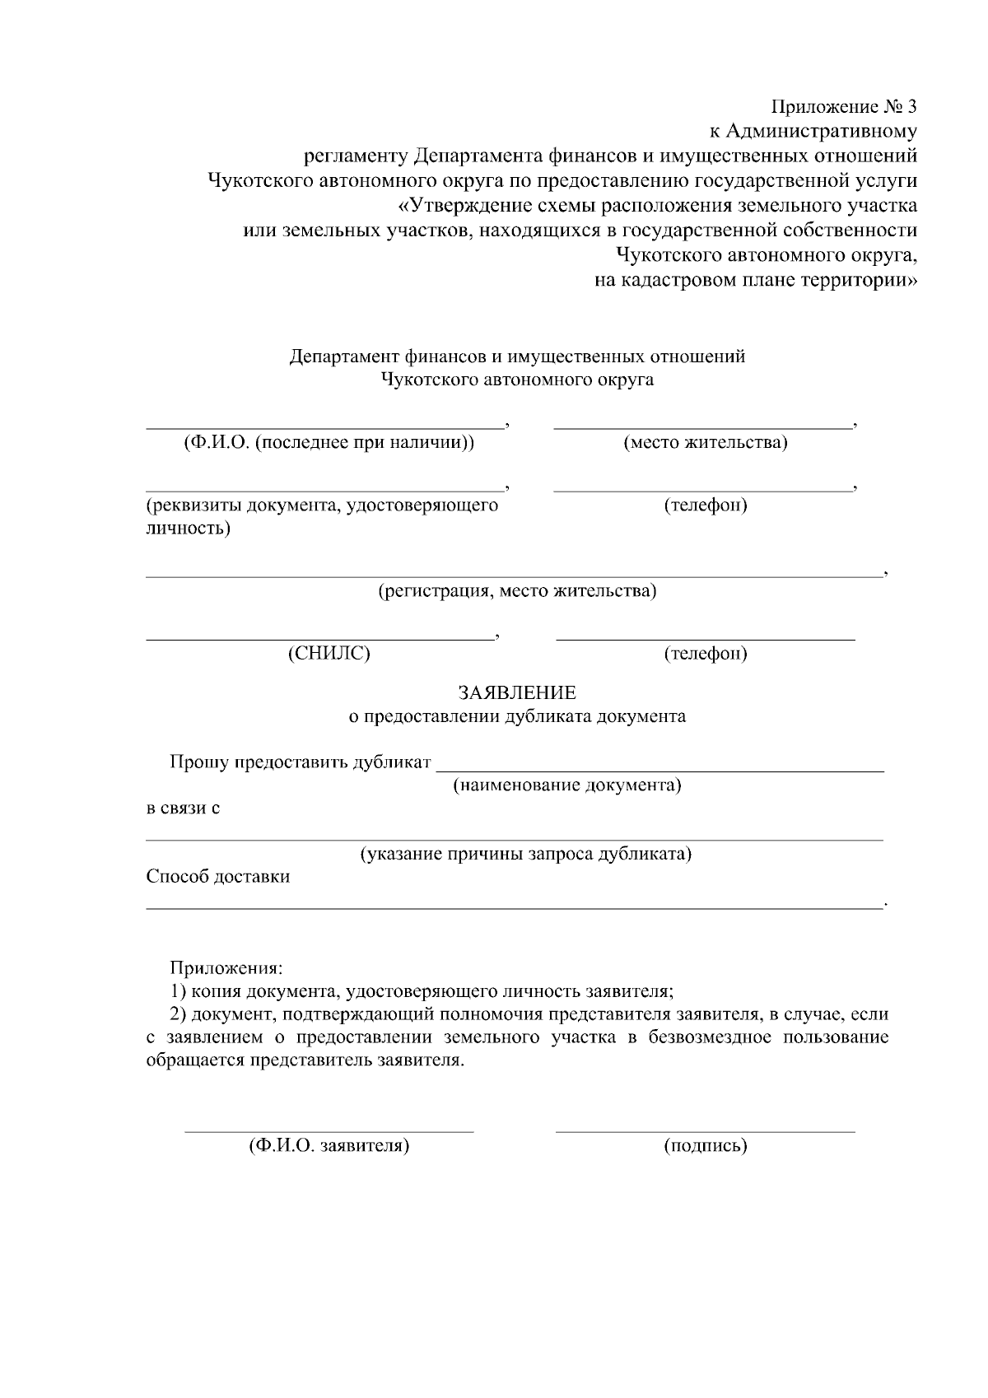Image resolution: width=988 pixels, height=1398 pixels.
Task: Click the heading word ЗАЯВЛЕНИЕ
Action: point(517,692)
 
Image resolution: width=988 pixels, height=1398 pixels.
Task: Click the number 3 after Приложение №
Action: point(911,107)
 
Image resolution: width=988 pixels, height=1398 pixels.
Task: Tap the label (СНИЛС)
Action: point(329,654)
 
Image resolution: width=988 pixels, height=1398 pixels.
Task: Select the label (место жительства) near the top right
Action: point(706,443)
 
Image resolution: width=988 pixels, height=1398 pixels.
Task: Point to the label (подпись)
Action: point(706,1145)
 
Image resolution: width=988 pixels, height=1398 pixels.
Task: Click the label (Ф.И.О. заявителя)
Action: point(329,1145)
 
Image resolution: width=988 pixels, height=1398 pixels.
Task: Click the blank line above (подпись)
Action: point(705,1131)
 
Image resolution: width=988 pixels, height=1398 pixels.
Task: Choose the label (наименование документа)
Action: point(567,785)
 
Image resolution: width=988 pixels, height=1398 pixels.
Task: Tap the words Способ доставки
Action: point(218,876)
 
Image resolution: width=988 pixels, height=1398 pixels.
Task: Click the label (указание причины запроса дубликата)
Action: point(525,854)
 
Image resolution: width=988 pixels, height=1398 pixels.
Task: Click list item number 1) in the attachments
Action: point(179,991)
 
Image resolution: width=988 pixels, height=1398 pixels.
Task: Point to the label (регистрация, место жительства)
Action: point(517,591)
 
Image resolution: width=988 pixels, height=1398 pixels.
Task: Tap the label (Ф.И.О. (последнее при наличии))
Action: point(329,443)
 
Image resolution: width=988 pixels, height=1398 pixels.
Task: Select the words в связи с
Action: point(183,808)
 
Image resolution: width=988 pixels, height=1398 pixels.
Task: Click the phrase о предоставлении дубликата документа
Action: point(517,716)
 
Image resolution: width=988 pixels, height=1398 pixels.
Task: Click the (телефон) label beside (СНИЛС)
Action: point(706,654)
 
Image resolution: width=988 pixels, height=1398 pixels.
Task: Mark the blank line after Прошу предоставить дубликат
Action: point(659,771)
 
